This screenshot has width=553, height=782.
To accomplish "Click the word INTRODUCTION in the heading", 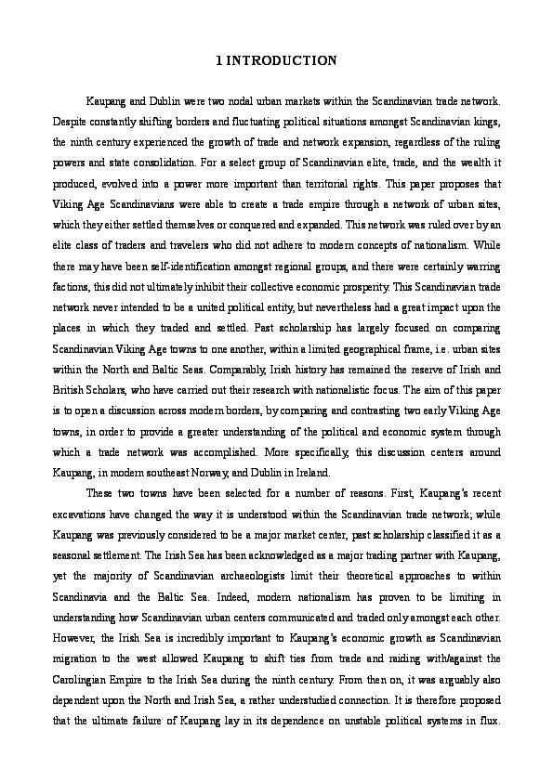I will (x=281, y=61).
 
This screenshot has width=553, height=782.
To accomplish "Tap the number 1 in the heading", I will (x=217, y=61).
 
